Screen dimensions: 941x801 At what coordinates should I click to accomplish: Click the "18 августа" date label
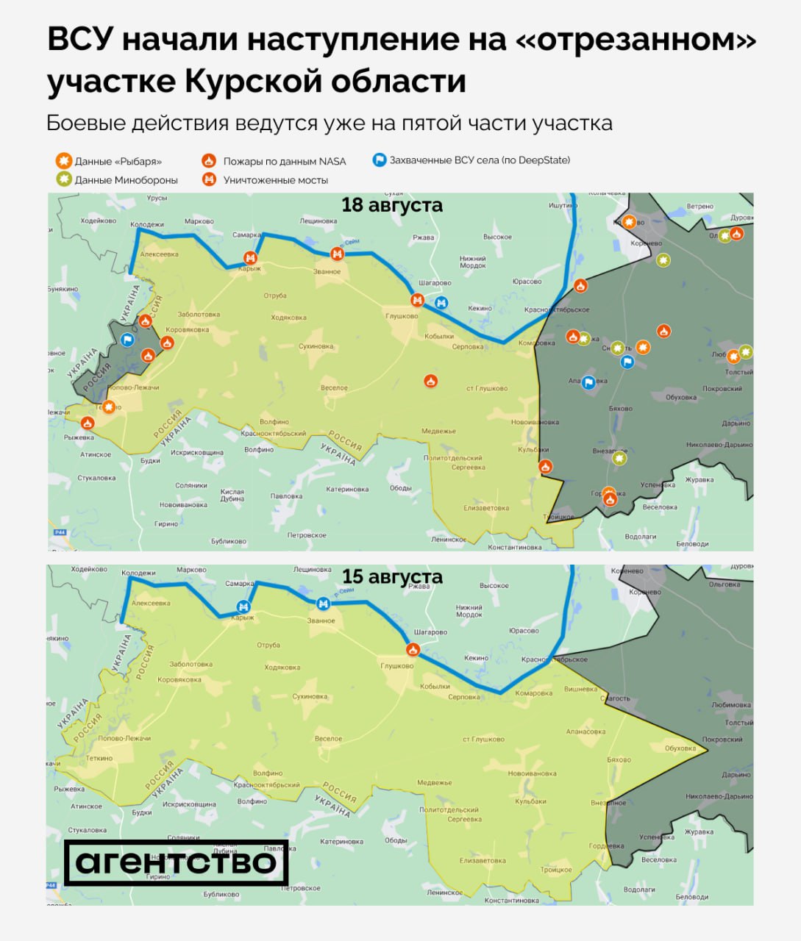pos(392,205)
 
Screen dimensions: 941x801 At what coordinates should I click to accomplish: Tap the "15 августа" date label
pos(392,576)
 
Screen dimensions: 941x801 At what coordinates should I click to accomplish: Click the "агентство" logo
pos(177,862)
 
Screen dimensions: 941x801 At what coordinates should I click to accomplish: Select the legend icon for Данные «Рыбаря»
pos(64,161)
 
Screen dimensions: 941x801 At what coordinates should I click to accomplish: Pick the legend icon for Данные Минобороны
pos(64,179)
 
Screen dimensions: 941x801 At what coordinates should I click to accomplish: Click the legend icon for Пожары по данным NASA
pos(210,161)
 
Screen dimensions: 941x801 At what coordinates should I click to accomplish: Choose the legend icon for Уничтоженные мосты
pos(210,179)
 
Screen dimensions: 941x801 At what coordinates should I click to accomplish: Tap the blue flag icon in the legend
pos(380,160)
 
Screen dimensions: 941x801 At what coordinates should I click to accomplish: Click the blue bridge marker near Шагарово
pos(441,301)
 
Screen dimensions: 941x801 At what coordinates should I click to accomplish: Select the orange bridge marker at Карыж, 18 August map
pos(251,257)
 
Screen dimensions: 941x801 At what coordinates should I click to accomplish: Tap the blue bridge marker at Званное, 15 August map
pos(322,604)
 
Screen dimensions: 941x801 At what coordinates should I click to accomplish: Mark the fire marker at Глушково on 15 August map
pos(413,649)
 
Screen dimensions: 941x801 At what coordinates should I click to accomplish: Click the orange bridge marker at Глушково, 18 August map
pos(417,300)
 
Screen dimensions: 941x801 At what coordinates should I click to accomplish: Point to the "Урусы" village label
pos(157,198)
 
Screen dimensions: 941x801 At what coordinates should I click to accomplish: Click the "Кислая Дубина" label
pos(232,495)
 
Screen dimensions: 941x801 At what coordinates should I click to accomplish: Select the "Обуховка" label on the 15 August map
pos(680,748)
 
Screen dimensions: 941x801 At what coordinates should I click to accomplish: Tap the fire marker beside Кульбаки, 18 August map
pos(545,466)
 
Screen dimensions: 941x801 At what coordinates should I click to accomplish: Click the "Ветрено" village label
pos(700,207)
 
